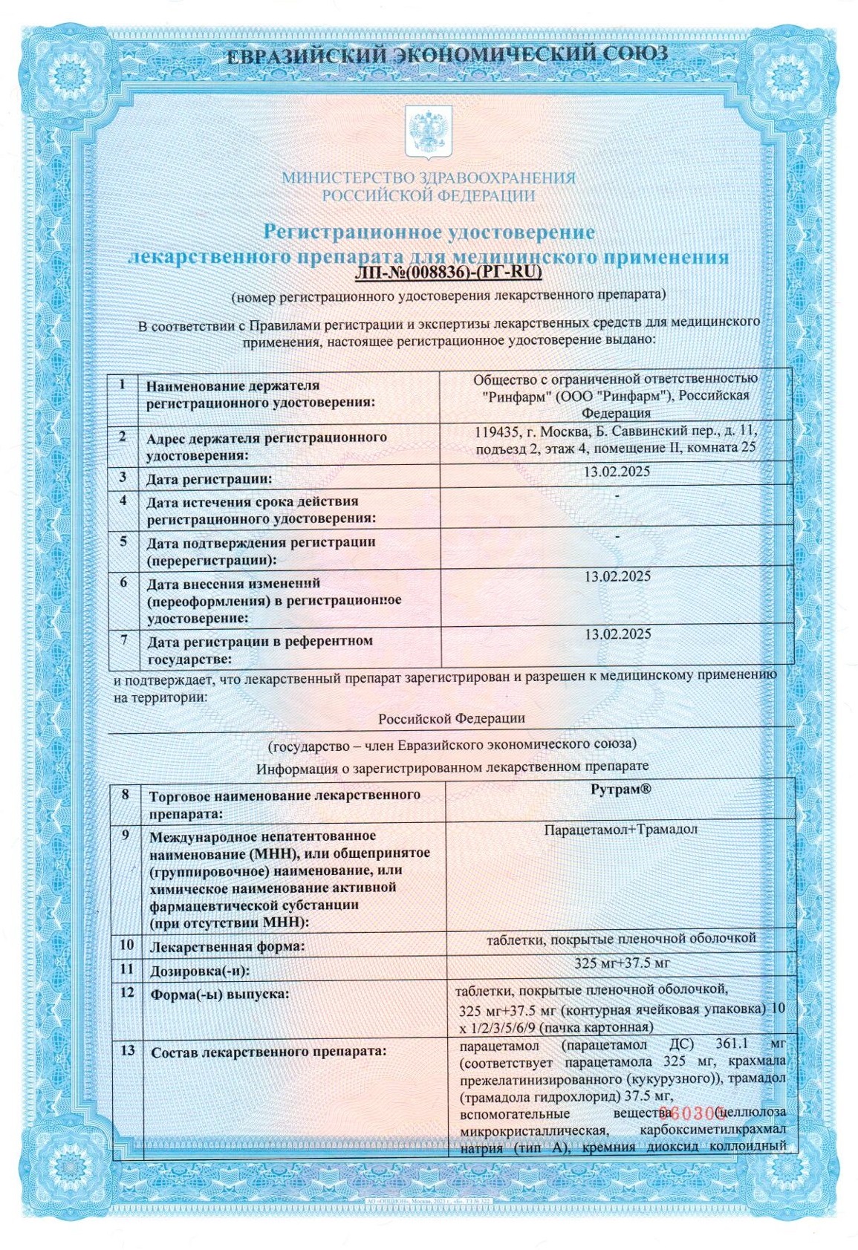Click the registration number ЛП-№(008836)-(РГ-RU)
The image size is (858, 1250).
[x=448, y=273]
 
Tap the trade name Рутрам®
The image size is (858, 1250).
[x=620, y=790]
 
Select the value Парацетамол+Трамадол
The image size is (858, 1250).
[x=620, y=829]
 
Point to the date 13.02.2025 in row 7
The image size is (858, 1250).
[x=617, y=634]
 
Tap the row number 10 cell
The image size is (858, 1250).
[x=126, y=945]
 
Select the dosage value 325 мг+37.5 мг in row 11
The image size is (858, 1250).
[x=622, y=963]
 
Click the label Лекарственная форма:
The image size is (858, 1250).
[x=227, y=947]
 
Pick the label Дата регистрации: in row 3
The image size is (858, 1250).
[x=209, y=479]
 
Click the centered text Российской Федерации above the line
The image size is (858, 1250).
[x=451, y=718]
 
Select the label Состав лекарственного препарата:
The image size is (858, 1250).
[x=268, y=1052]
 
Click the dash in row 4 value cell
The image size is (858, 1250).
[x=617, y=495]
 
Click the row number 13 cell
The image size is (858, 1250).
[x=127, y=1050]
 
